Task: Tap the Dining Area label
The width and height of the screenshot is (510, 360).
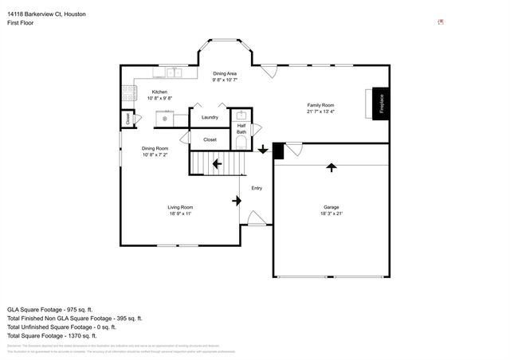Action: coord(225,73)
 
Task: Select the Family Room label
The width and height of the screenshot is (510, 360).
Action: coord(320,105)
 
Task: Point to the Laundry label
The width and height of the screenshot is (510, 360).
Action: coord(210,118)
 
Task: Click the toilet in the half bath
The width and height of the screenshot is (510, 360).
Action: coord(241,143)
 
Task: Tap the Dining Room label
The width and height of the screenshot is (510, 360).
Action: coord(155,148)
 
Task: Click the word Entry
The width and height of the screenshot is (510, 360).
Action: coord(257,188)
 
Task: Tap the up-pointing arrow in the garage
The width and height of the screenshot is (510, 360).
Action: coord(331,166)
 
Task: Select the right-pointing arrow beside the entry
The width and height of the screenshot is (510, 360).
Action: coord(237,201)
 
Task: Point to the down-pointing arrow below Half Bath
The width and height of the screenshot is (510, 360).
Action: coord(263,148)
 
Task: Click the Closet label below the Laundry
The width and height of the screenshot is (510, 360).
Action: coord(210,139)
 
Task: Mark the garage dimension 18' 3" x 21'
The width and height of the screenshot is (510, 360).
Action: coord(331,213)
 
